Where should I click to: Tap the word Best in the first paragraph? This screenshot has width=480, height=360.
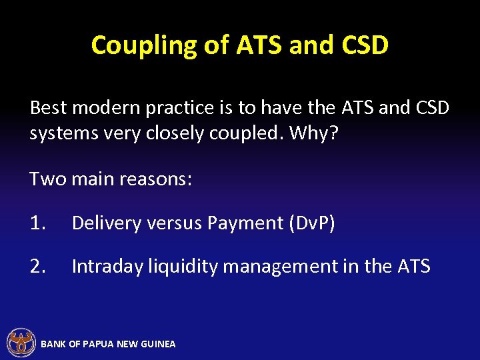click(x=49, y=108)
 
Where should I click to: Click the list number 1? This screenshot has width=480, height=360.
click(x=37, y=223)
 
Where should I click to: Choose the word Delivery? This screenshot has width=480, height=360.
click(x=103, y=223)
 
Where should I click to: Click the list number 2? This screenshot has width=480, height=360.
click(x=37, y=267)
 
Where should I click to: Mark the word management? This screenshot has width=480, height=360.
click(x=280, y=267)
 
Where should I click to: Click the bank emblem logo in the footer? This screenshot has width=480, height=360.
click(x=21, y=343)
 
